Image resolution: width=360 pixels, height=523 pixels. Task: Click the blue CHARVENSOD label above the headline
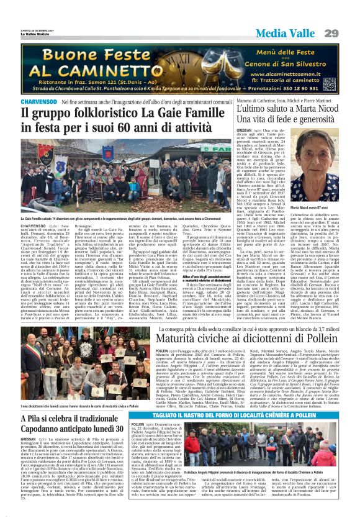coord(57,101)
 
